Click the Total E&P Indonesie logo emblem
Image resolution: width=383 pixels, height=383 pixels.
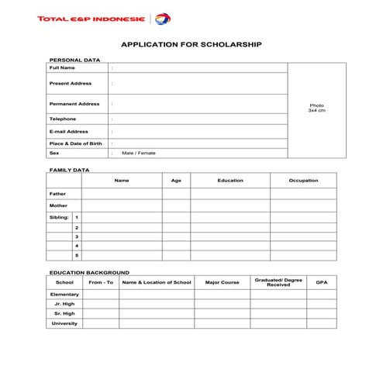click(x=164, y=19)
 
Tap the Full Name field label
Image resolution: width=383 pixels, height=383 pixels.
click(x=62, y=67)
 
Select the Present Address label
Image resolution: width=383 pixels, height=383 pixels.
click(x=70, y=83)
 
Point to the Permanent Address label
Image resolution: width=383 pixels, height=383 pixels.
click(x=74, y=103)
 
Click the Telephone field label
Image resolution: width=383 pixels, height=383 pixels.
click(x=63, y=119)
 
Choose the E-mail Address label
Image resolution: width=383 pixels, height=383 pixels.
click(x=68, y=131)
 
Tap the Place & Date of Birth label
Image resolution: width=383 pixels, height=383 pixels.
click(x=75, y=143)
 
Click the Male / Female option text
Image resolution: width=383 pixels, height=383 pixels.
click(x=139, y=153)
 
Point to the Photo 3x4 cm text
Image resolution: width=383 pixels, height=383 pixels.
click(x=316, y=108)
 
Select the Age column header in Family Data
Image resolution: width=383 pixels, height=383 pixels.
click(x=176, y=181)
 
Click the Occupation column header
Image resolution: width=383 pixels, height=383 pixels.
click(x=303, y=181)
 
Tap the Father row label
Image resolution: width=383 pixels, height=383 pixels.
click(x=58, y=193)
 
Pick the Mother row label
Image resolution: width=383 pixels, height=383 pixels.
click(x=58, y=205)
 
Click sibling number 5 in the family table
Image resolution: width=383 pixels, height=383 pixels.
click(x=77, y=254)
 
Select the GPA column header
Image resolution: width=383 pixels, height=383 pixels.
click(x=322, y=282)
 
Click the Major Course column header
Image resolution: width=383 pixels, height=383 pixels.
click(x=222, y=282)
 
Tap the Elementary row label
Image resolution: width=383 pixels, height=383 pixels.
click(x=64, y=295)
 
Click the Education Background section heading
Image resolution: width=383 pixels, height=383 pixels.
click(x=89, y=273)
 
